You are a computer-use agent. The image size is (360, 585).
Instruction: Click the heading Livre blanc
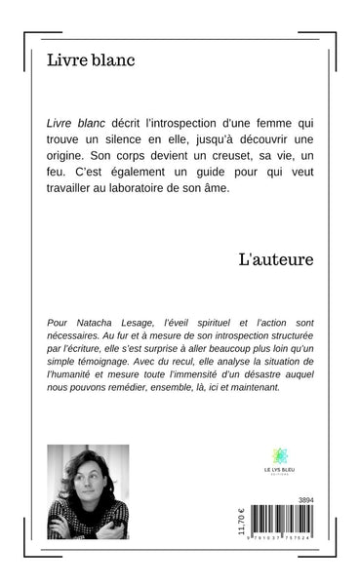[x=91, y=61]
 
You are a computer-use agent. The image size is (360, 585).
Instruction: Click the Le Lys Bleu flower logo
[x=281, y=456]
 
